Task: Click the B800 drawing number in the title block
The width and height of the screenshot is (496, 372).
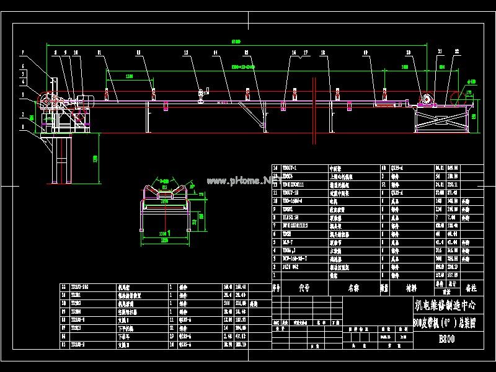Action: pos(447,339)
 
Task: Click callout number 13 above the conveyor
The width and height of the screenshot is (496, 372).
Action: pos(186,53)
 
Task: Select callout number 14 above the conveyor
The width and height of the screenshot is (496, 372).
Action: pos(215,53)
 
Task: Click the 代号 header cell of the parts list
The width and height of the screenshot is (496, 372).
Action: pos(304,288)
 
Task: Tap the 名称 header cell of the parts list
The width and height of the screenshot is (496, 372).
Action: pos(353,288)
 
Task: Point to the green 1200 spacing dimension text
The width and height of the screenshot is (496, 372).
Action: pos(129,76)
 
